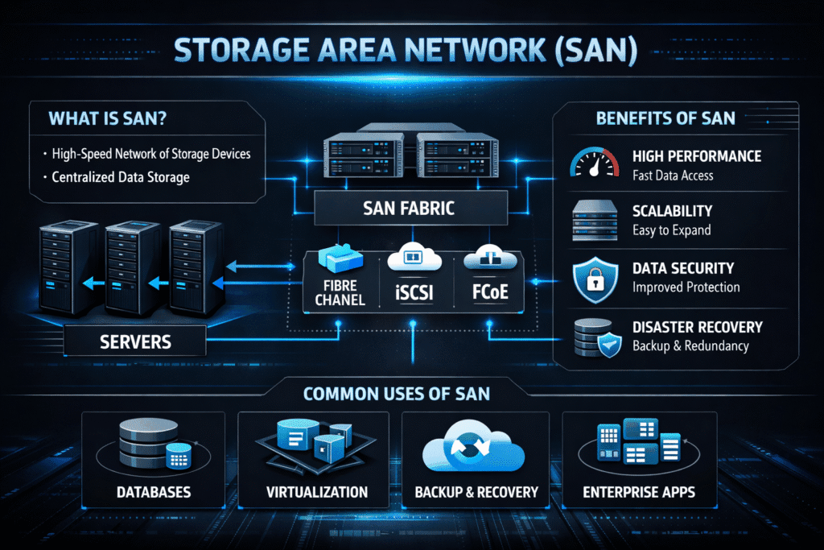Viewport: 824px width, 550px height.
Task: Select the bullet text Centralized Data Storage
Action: coord(120,176)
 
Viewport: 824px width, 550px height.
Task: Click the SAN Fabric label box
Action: coord(409,208)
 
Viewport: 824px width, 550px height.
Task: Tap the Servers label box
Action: coord(135,341)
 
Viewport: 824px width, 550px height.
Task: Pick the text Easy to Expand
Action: coord(670,230)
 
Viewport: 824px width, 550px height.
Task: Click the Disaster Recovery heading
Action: coord(697,328)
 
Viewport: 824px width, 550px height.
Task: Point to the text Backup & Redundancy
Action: coord(690,346)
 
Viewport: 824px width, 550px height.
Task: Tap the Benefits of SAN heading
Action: coord(665,118)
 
